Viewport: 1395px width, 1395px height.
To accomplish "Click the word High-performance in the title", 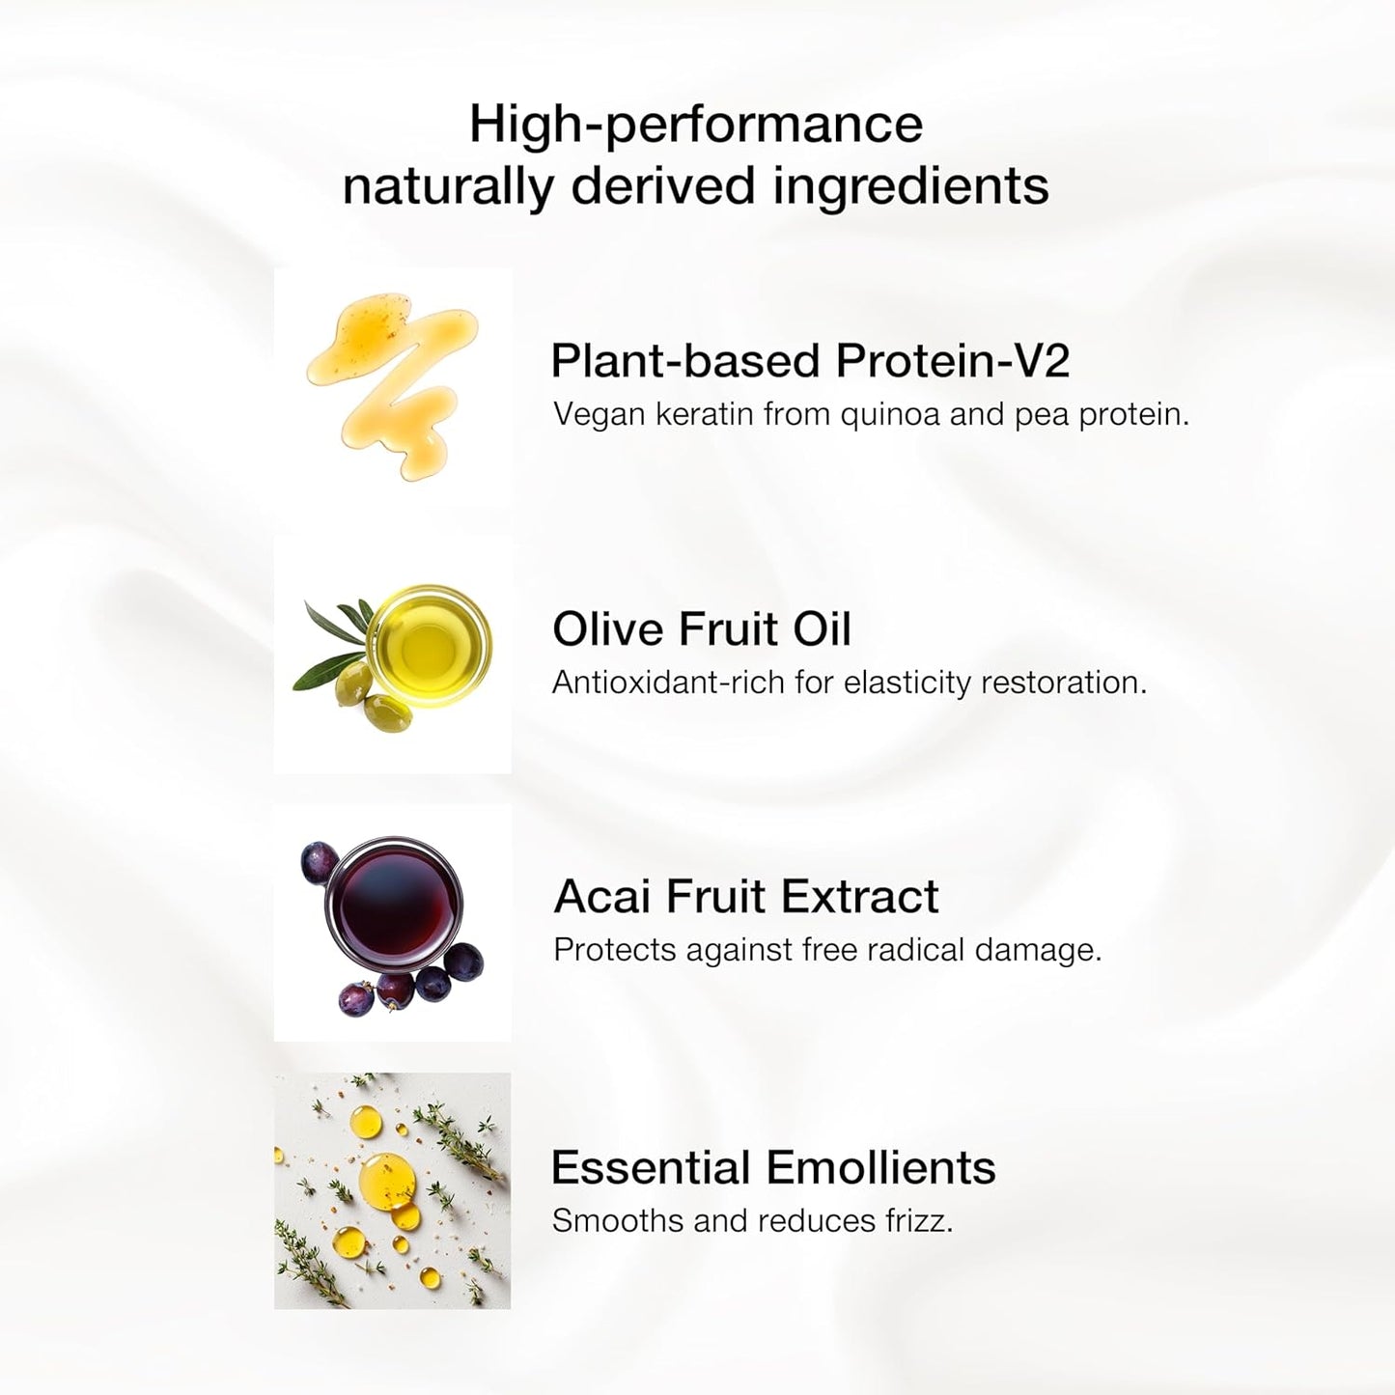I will click(x=695, y=125).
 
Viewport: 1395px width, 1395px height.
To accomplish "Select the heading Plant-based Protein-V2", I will click(x=810, y=360).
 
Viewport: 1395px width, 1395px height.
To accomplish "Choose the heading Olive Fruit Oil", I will click(x=701, y=629).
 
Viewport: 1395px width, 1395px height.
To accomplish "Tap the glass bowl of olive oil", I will click(x=431, y=646).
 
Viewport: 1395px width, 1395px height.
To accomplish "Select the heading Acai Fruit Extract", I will click(x=745, y=897).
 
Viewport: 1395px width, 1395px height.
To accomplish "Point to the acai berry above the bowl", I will click(x=319, y=855).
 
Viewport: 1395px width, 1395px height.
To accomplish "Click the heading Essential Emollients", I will click(x=772, y=1167).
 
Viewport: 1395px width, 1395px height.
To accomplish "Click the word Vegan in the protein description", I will click(x=599, y=414).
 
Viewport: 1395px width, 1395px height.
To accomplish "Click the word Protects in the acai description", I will click(x=614, y=950).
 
